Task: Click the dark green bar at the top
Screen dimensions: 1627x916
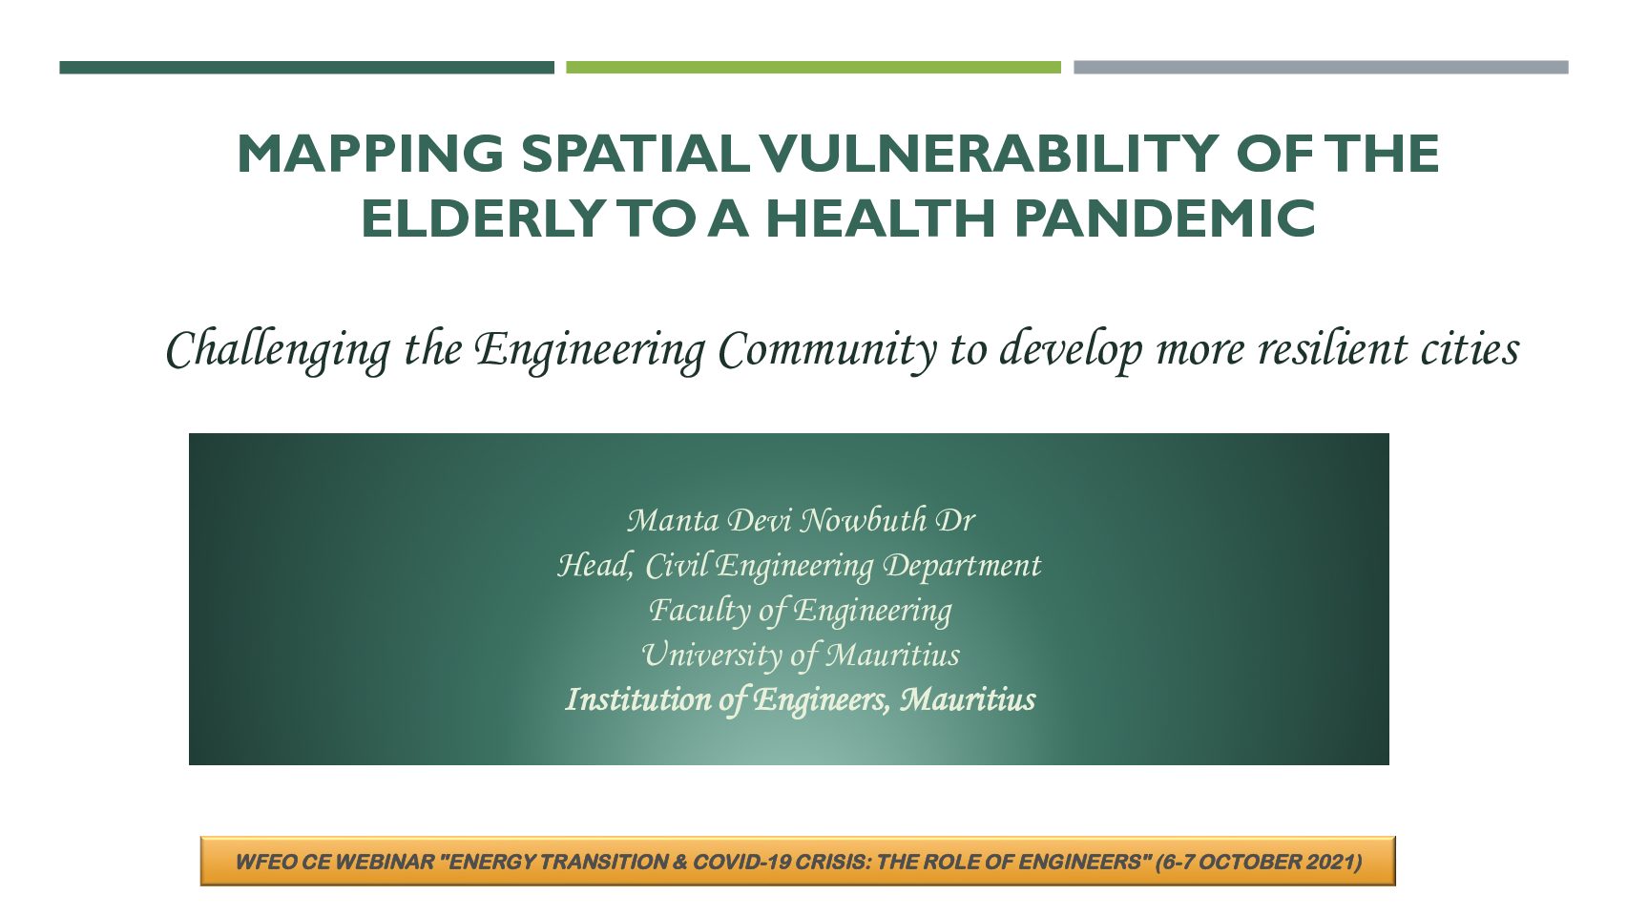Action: pyautogui.click(x=306, y=68)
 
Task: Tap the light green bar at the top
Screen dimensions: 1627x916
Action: pyautogui.click(x=813, y=68)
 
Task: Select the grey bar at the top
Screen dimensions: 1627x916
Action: pyautogui.click(x=1322, y=68)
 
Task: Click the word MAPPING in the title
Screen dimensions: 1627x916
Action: pyautogui.click(x=370, y=154)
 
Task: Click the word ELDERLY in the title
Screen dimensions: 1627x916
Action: pyautogui.click(x=483, y=218)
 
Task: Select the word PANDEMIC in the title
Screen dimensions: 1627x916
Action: pyautogui.click(x=1164, y=218)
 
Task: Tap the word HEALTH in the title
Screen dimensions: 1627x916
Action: pyautogui.click(x=881, y=218)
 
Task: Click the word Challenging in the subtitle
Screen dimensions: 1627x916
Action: pyautogui.click(x=279, y=350)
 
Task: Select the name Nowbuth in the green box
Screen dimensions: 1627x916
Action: pyautogui.click(x=863, y=520)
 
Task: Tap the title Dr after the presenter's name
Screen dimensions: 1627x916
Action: pyautogui.click(x=955, y=520)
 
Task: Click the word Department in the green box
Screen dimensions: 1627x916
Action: pyautogui.click(x=962, y=566)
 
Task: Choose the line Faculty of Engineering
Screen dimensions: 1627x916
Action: pyautogui.click(x=800, y=610)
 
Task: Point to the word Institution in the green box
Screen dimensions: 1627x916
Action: pyautogui.click(x=638, y=699)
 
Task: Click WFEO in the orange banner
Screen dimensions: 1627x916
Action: pyautogui.click(x=260, y=863)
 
